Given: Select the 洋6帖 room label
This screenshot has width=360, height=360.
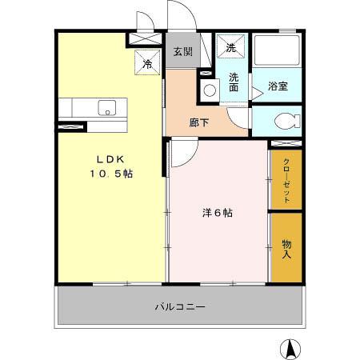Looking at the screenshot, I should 217,213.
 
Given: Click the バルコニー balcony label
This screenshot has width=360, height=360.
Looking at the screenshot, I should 181,307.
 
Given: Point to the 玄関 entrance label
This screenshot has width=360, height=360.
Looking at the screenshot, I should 182,52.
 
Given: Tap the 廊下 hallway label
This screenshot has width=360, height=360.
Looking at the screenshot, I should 199,122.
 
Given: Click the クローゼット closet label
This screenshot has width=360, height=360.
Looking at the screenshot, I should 286,178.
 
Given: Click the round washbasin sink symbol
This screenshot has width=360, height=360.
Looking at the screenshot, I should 210,90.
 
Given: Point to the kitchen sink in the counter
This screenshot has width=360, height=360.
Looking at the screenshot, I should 107,107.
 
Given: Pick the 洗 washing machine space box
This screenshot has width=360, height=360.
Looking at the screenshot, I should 231,48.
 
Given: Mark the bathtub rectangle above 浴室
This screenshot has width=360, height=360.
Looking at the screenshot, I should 277,54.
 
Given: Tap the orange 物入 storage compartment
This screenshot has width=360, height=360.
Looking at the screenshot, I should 286,264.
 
